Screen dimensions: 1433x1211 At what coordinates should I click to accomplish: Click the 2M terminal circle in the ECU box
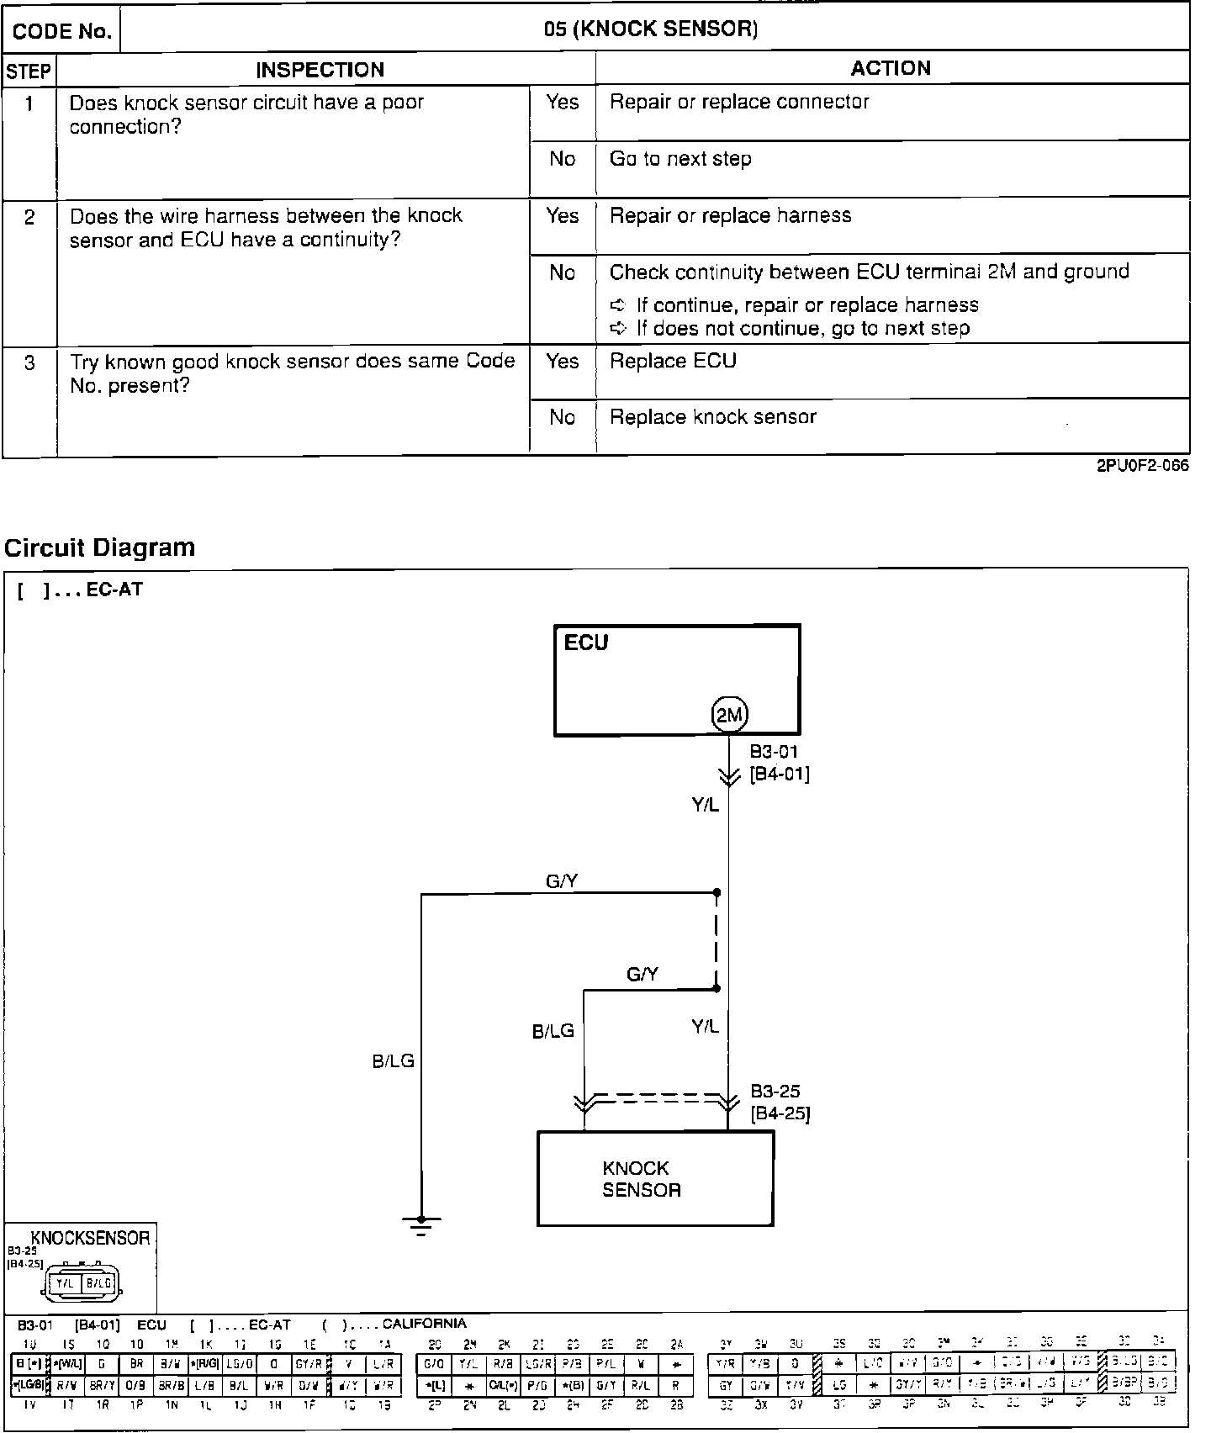[729, 716]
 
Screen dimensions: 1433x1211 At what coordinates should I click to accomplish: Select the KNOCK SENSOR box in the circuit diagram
[655, 1178]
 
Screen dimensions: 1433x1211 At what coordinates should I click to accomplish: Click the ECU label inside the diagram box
[586, 642]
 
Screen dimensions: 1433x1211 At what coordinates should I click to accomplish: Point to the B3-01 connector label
[774, 751]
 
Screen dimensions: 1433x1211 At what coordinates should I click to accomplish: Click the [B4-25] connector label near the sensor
[780, 1114]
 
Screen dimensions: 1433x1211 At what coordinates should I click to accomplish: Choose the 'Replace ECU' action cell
[673, 361]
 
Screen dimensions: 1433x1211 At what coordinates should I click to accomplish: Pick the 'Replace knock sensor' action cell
[712, 417]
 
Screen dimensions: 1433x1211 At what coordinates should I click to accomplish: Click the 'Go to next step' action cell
[680, 159]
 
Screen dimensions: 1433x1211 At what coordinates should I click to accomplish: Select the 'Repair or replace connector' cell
[739, 102]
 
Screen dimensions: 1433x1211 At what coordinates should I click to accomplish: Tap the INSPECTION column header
[320, 70]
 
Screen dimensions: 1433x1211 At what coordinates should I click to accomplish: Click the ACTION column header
[891, 68]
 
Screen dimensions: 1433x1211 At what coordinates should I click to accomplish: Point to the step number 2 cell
[29, 218]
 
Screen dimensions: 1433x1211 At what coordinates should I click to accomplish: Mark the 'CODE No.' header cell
[62, 32]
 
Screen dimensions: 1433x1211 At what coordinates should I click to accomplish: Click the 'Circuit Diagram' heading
[100, 547]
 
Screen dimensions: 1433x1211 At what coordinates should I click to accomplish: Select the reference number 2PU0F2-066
[1142, 466]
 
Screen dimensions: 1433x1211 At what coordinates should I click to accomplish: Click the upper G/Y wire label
[562, 880]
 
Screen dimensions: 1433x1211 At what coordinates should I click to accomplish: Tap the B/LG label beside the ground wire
[394, 1061]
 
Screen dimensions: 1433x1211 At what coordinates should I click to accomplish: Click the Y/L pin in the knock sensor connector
[65, 1283]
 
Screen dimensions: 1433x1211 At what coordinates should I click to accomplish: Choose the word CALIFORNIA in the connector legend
[424, 1323]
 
